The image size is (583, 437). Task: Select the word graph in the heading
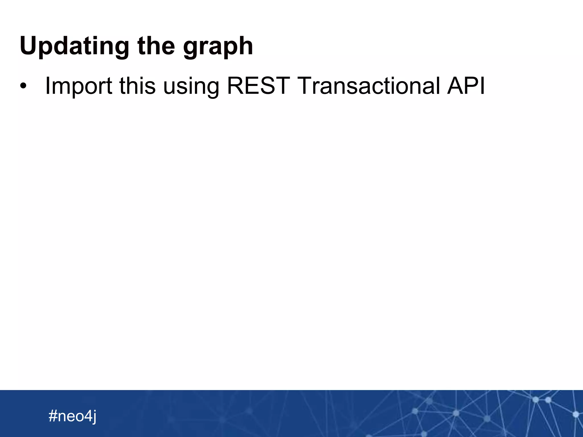click(218, 47)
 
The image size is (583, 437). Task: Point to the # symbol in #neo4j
click(53, 416)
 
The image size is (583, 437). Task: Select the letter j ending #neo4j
click(94, 417)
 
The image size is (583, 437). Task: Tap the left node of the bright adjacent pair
click(536, 400)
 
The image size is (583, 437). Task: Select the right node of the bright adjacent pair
click(548, 400)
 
